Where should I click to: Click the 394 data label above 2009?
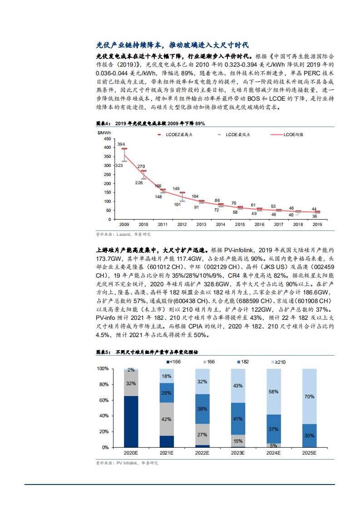pyautogui.click(x=121, y=144)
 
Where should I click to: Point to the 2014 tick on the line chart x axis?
pyautogui.click(x=221, y=225)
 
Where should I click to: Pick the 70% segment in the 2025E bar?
pyautogui.click(x=310, y=396)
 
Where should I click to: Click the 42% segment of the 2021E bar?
pyautogui.click(x=167, y=419)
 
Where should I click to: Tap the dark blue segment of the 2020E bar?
pyautogui.click(x=131, y=421)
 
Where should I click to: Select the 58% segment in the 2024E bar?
pyautogui.click(x=274, y=392)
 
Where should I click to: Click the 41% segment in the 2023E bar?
pyautogui.click(x=238, y=419)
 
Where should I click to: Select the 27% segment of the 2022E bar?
pyautogui.click(x=202, y=435)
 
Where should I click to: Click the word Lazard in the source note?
pyautogui.click(x=123, y=235)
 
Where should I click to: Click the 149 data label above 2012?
pyautogui.click(x=176, y=188)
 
